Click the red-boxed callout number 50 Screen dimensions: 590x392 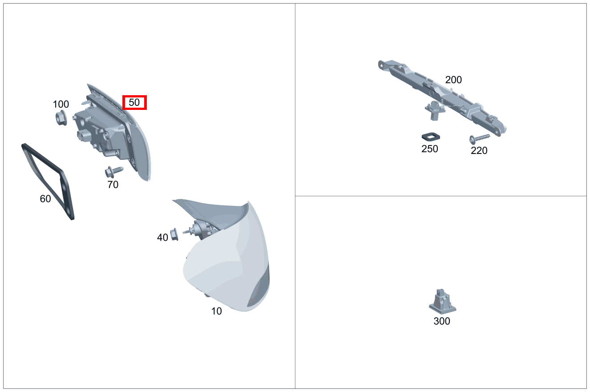pos(134,102)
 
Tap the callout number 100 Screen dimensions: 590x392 pos(61,104)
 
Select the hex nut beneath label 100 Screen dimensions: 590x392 pos(61,118)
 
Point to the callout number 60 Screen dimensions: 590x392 pos(45,198)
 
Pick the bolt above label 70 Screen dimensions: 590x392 pos(114,171)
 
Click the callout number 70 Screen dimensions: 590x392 pos(113,185)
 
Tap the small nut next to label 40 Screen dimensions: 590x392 pos(174,234)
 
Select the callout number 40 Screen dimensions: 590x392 pos(162,237)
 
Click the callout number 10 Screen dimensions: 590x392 pos(217,311)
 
